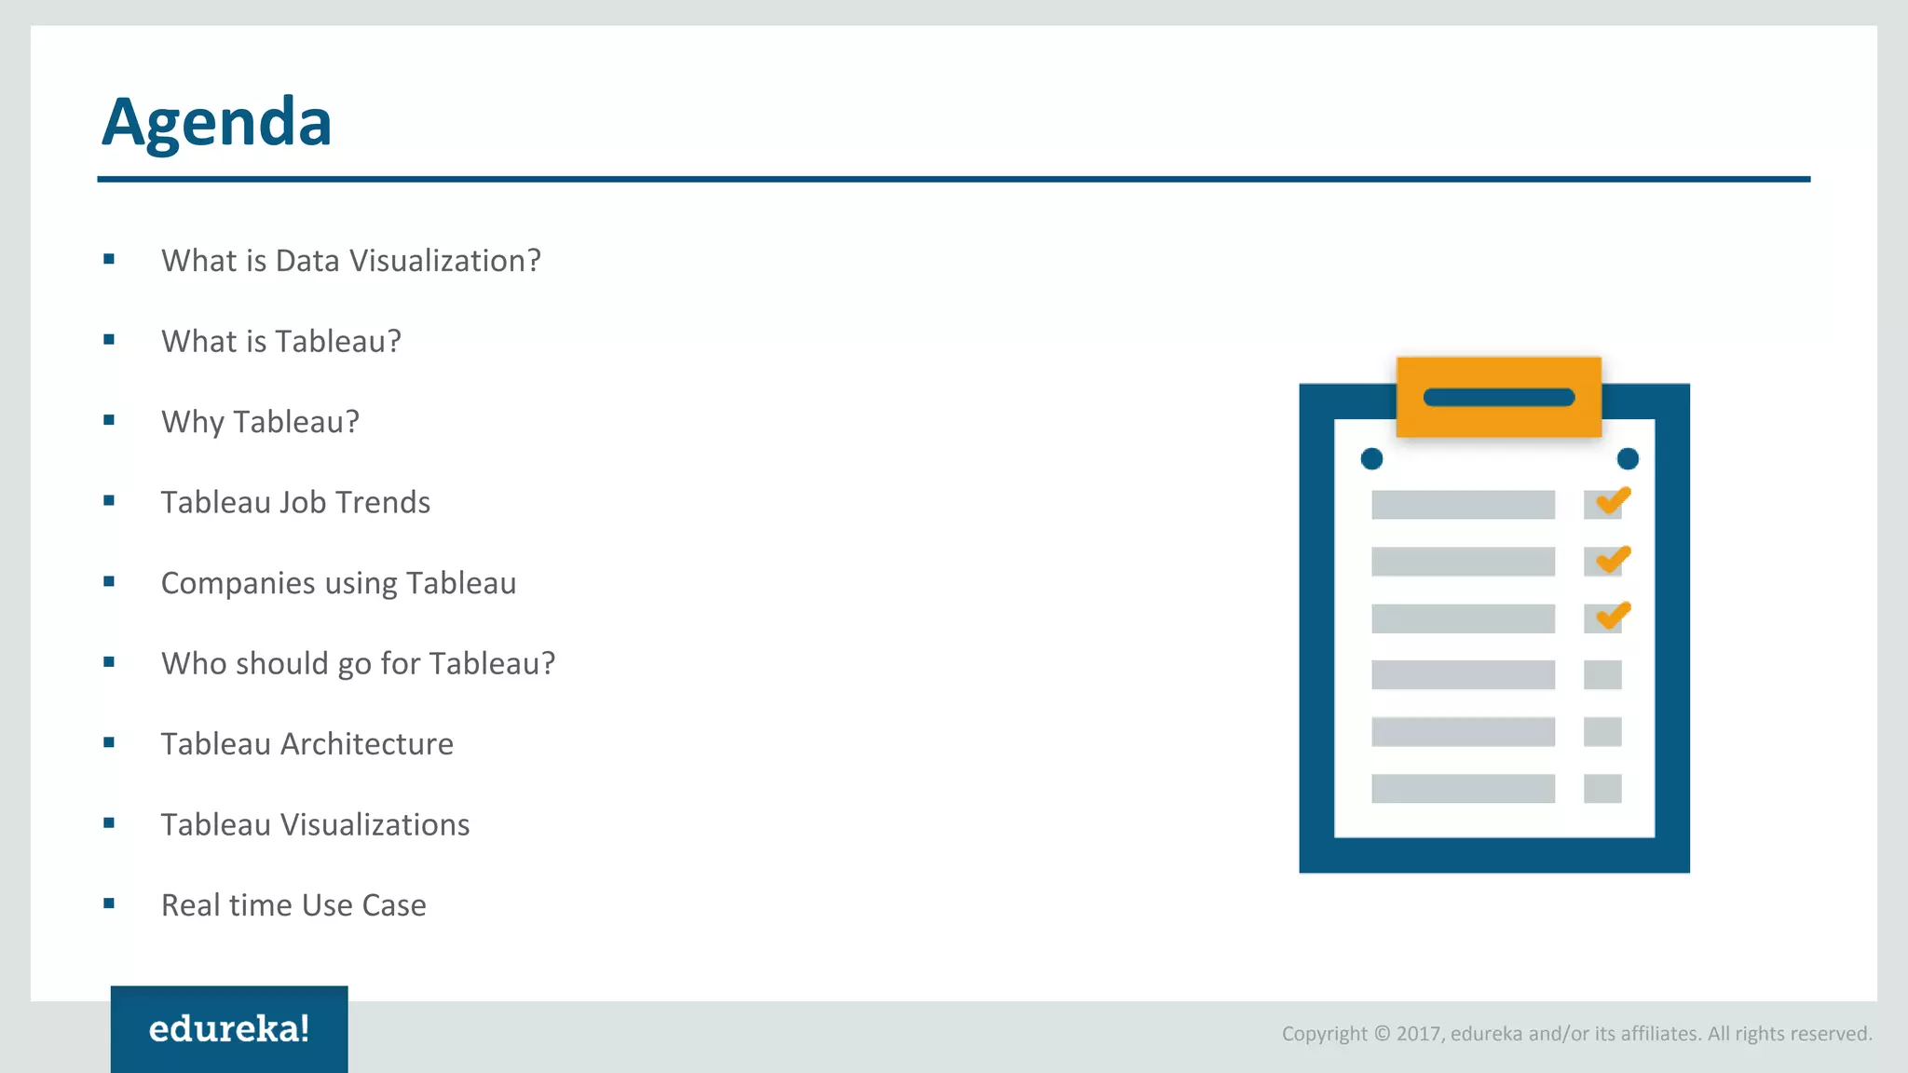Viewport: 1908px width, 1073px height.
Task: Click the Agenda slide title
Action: pyautogui.click(x=216, y=123)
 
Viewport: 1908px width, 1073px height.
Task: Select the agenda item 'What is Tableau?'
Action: pyautogui.click(x=280, y=342)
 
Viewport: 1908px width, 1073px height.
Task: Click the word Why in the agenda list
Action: pyautogui.click(x=193, y=422)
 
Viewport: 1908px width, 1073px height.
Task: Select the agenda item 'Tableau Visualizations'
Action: pyautogui.click(x=315, y=825)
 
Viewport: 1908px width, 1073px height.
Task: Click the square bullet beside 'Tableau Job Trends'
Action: pyautogui.click(x=109, y=501)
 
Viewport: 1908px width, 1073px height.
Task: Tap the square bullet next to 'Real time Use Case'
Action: pyautogui.click(x=109, y=903)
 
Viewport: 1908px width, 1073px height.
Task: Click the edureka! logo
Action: pyautogui.click(x=229, y=1029)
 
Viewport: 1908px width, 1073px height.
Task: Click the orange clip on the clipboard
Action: pyautogui.click(x=1498, y=398)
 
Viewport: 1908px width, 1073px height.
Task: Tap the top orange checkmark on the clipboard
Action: pyautogui.click(x=1612, y=501)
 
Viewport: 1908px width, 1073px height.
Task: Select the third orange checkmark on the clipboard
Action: pyautogui.click(x=1612, y=616)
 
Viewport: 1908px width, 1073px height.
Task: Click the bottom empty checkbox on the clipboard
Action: pyautogui.click(x=1602, y=789)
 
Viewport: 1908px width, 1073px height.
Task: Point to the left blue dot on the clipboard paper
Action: pyautogui.click(x=1371, y=458)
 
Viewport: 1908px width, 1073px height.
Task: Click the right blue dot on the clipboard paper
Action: pyautogui.click(x=1628, y=458)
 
